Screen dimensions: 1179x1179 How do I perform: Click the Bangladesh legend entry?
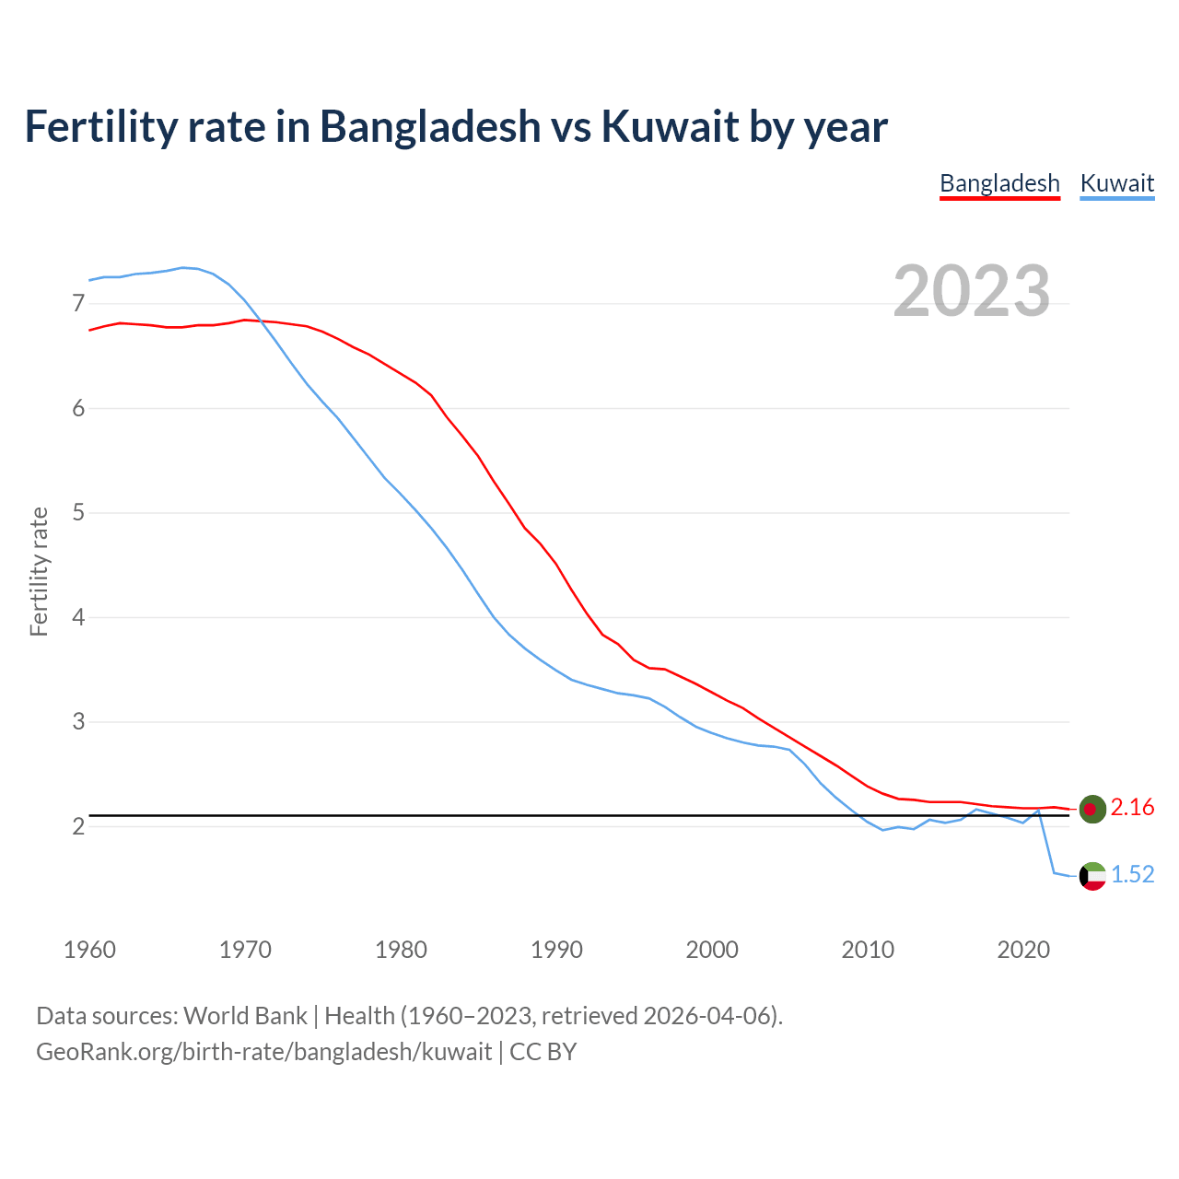(999, 183)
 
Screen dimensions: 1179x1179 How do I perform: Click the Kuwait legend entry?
(1116, 183)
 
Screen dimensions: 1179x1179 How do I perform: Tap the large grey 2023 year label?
(971, 291)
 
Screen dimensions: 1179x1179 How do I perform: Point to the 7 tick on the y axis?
(78, 303)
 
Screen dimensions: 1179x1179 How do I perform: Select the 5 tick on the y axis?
(78, 512)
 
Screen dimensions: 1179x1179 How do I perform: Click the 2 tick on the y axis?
(78, 826)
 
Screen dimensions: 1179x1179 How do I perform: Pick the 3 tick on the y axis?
(78, 721)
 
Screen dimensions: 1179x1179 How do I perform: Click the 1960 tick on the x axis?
(89, 950)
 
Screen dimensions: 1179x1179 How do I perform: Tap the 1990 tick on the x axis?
(556, 950)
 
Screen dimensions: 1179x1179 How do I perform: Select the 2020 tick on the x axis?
(1023, 950)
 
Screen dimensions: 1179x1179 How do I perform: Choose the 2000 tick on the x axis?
(712, 950)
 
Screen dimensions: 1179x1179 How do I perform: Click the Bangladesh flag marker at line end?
(1091, 809)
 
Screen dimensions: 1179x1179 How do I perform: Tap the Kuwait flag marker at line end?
(1091, 876)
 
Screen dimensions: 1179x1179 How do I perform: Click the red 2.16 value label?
(1132, 808)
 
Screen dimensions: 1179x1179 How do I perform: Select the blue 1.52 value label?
(1132, 875)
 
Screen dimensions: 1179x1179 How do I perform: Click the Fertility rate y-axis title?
(39, 571)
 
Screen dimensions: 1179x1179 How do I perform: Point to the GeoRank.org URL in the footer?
(263, 1052)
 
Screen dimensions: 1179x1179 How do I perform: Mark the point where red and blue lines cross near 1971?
(261, 321)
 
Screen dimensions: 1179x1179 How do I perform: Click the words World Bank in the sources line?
(245, 1016)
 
